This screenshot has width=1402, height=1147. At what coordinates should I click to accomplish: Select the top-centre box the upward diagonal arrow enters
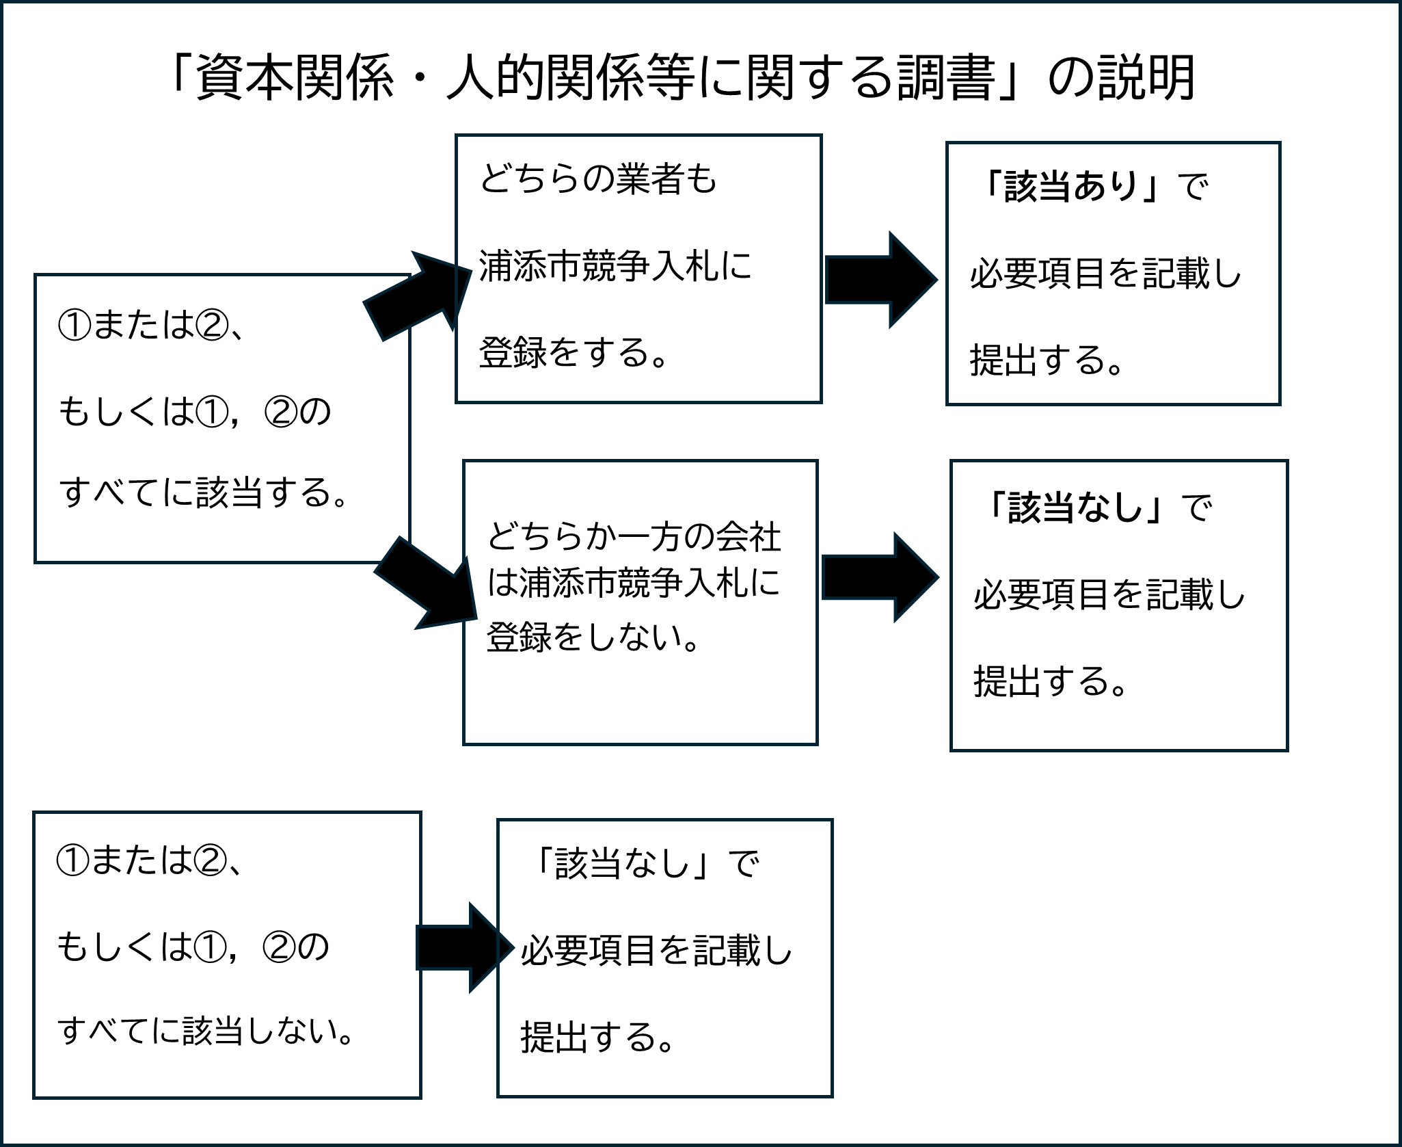coord(638,269)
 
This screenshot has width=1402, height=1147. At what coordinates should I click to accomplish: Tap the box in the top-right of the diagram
coord(1113,274)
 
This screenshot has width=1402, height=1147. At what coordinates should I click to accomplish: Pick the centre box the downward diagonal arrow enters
coord(641,602)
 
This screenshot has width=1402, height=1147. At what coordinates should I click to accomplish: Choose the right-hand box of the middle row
coord(1119,605)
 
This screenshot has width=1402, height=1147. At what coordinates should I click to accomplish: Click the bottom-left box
coord(227,955)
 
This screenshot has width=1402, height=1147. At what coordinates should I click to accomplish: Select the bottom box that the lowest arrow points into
coord(664,958)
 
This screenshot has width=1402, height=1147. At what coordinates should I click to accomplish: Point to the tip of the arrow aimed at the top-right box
coord(936,280)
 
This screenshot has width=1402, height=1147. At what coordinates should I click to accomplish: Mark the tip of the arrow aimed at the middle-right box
coord(938,577)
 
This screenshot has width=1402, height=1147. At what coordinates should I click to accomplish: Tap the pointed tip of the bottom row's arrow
coord(513,947)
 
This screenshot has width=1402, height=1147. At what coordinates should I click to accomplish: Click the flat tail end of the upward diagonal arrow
coord(373,321)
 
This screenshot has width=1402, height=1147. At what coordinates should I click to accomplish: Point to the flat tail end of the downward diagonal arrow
coord(388,555)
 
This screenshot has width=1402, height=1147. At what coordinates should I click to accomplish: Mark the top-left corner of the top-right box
coord(947,143)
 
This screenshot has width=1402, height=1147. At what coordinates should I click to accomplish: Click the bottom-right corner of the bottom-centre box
coord(832,1096)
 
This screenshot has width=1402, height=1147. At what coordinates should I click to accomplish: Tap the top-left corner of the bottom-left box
coord(34,813)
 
